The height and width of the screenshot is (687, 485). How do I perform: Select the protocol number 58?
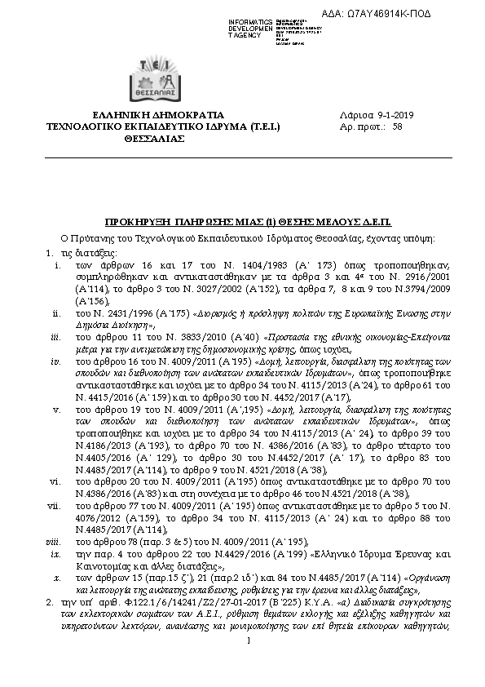[397, 126]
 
